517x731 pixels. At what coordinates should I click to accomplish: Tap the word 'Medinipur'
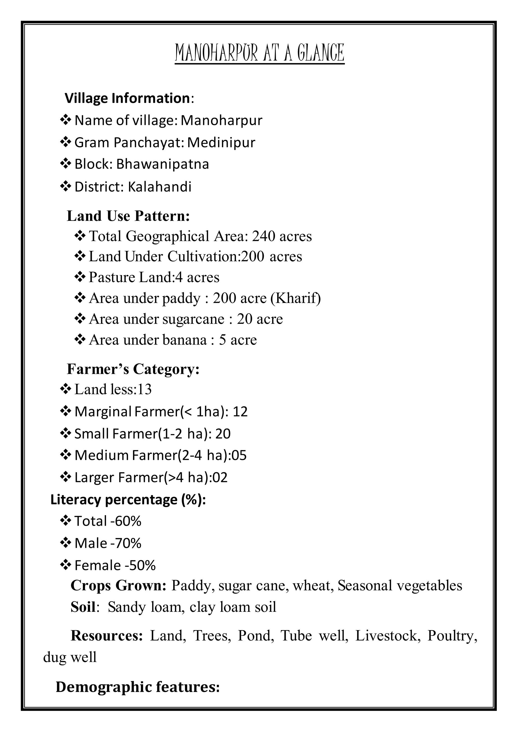click(221, 142)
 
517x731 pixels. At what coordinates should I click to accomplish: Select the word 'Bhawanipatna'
click(162, 164)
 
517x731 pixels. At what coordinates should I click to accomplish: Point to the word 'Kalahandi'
click(160, 187)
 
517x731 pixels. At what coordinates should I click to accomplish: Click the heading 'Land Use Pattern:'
click(128, 216)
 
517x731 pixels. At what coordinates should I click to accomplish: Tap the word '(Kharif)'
click(295, 298)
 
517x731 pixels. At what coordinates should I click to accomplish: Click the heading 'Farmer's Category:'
click(133, 369)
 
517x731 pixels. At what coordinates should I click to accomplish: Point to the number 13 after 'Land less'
click(145, 389)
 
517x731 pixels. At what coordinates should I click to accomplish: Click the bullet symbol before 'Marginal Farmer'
click(65, 411)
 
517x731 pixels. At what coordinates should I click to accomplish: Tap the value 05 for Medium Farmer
click(239, 455)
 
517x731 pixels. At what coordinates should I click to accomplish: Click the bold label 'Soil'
click(83, 607)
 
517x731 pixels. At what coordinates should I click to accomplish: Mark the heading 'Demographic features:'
click(138, 687)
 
